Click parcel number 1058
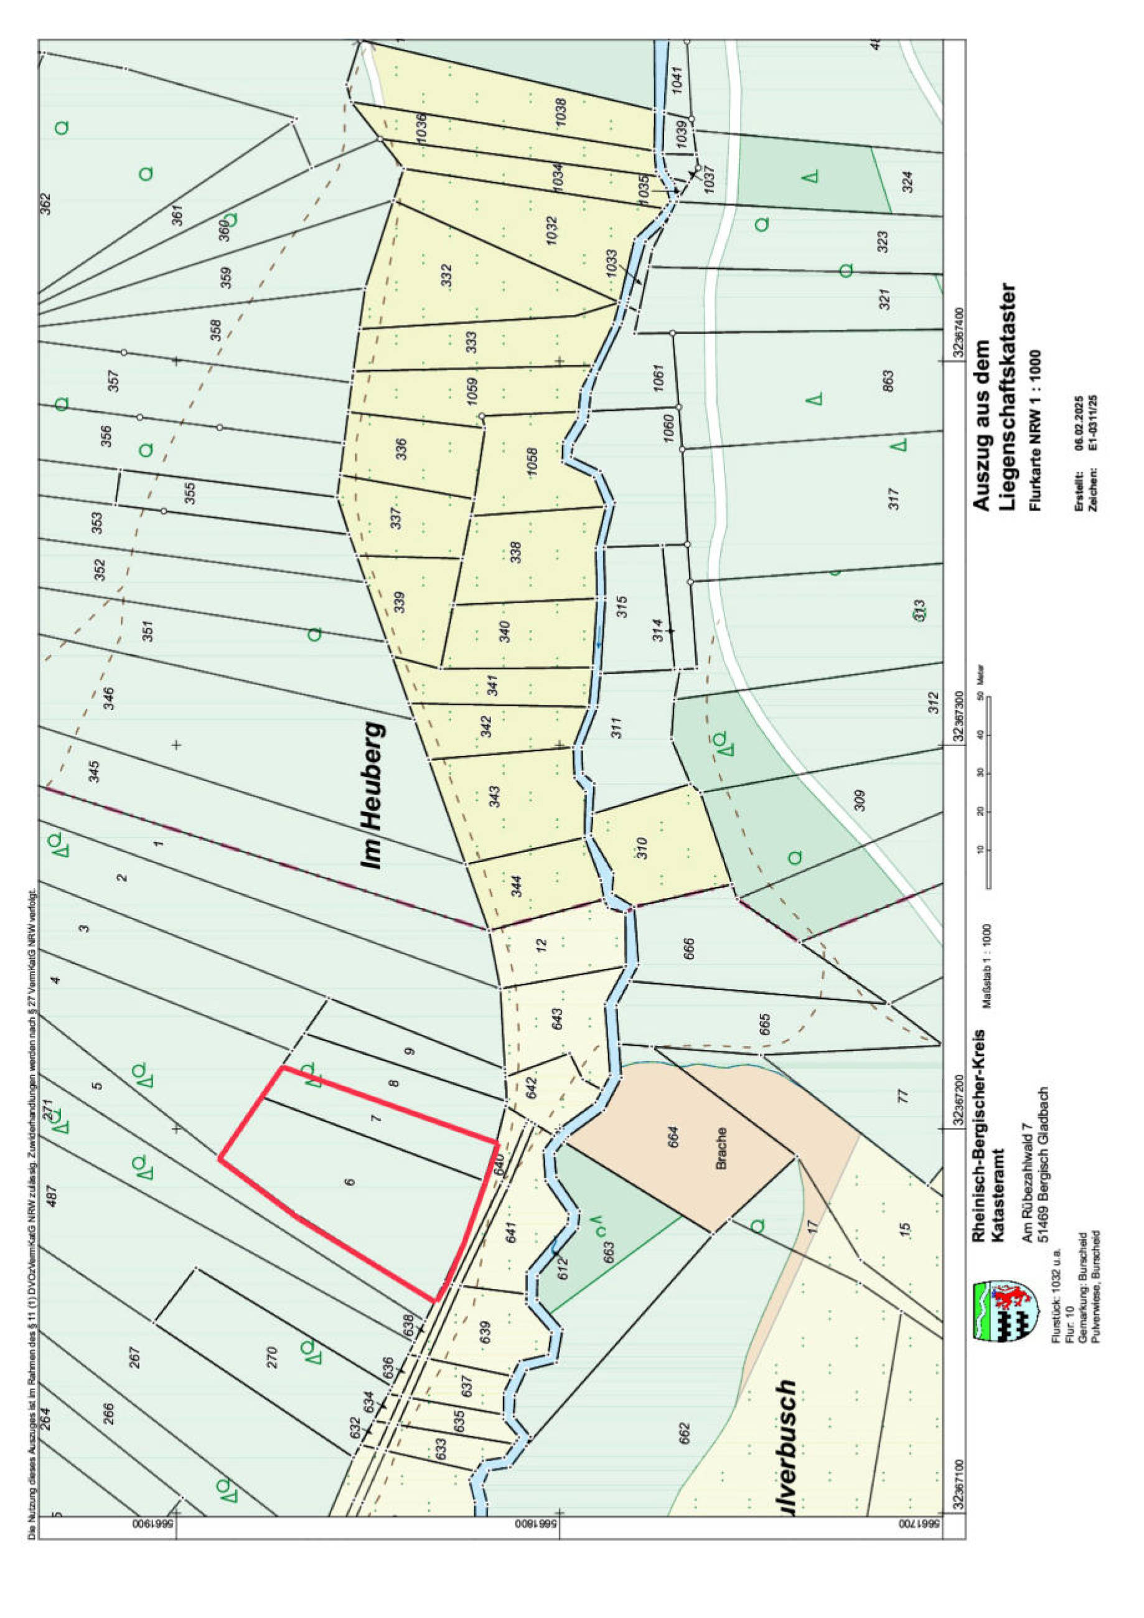click(x=532, y=462)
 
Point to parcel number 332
click(x=446, y=275)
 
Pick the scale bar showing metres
click(x=988, y=789)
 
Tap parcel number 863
click(x=888, y=382)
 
